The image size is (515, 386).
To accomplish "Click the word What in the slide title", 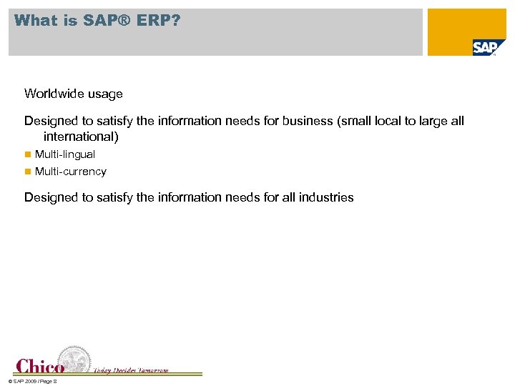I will point(36,21).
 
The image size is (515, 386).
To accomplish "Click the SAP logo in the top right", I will point(488,48).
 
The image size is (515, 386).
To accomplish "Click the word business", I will point(308,121).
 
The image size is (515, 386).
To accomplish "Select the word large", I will point(432,121).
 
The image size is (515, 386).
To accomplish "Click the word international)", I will point(81,136).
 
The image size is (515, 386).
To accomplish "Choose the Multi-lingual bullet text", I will point(65,154).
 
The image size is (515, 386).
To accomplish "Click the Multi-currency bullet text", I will point(71,172).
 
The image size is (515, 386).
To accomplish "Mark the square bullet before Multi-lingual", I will point(28,154).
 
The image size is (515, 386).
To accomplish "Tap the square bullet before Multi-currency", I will point(28,172).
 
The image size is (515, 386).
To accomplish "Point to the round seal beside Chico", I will point(74,360).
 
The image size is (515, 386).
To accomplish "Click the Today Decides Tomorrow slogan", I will point(131,370).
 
